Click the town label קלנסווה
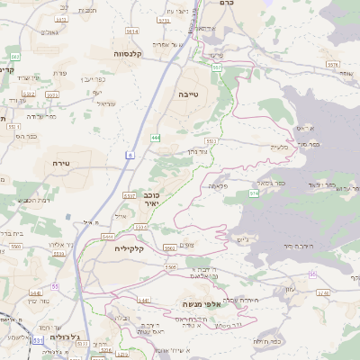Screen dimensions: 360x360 click(132, 54)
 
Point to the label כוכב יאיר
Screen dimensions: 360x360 click(151, 199)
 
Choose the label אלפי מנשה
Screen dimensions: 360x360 click(202, 304)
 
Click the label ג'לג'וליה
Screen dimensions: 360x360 click(66, 337)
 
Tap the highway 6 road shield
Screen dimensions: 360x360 click(130, 156)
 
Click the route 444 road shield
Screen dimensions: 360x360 click(156, 138)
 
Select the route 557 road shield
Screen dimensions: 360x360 click(216, 67)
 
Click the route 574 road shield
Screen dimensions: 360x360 click(254, 193)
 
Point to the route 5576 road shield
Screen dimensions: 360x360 click(332, 65)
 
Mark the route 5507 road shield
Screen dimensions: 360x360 click(129, 195)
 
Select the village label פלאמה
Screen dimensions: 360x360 click(217, 185)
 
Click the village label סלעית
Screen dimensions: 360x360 click(279, 147)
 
